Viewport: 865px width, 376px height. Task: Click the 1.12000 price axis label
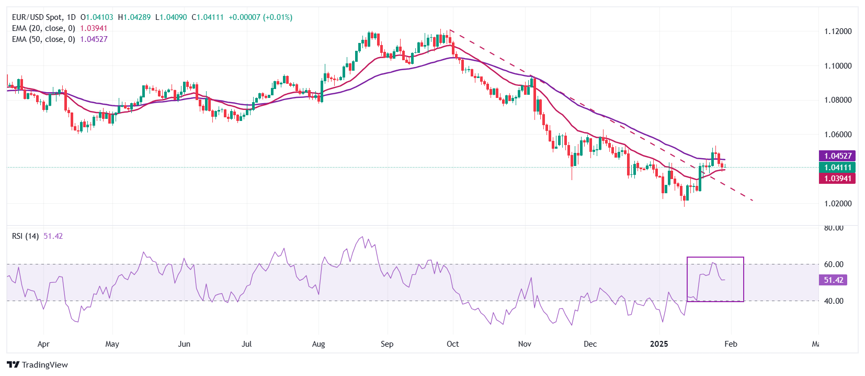coord(838,31)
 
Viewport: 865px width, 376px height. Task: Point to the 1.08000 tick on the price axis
coord(838,100)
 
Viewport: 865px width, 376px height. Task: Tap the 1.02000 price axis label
coord(838,204)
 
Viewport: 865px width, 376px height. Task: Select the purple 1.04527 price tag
coord(838,156)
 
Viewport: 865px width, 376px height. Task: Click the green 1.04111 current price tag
coord(838,168)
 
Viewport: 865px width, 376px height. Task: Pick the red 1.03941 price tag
coord(838,179)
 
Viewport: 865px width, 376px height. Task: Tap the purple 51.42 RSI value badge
coord(833,280)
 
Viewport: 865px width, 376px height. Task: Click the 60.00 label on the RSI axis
coord(834,264)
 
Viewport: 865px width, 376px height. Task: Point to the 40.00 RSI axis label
coord(834,301)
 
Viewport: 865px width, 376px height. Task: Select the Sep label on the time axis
coord(387,344)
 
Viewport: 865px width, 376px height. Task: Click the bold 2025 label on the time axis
coord(659,344)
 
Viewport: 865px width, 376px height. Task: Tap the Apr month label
coord(43,344)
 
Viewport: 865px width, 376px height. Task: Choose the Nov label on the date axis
coord(525,344)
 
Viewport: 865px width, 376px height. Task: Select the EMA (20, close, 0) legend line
coord(43,28)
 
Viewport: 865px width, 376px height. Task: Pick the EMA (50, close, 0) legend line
coord(43,39)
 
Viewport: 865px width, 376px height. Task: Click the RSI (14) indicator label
coord(25,236)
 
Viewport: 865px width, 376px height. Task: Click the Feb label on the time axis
coord(731,344)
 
